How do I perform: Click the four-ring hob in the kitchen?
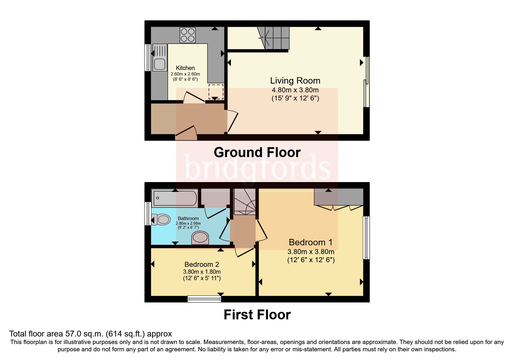(x=187, y=35)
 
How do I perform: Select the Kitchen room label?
(x=185, y=68)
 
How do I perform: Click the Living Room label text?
(x=295, y=80)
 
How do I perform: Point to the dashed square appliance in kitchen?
(x=216, y=91)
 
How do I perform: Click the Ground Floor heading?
(x=257, y=152)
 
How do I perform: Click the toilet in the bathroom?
(x=161, y=219)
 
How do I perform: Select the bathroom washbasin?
(x=200, y=237)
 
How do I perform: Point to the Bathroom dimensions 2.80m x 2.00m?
(x=188, y=223)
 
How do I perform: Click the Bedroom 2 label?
(x=202, y=264)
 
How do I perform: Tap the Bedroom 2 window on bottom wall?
(x=204, y=299)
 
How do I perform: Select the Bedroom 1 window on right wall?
(x=367, y=237)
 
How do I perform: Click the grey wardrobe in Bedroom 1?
(x=338, y=197)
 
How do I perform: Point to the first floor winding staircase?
(x=245, y=202)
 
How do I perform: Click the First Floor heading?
(x=257, y=315)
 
